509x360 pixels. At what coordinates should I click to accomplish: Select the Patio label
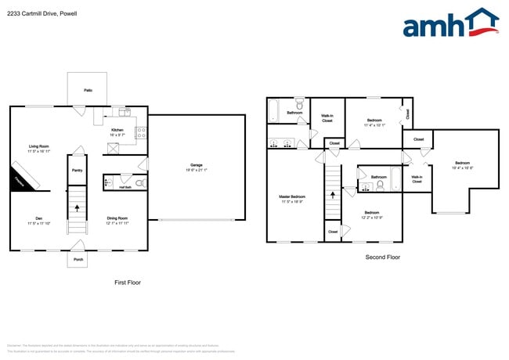(x=88, y=91)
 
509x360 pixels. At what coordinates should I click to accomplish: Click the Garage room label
(x=196, y=166)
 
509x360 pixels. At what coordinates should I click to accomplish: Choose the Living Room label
(x=39, y=148)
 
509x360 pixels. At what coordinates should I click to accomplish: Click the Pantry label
(x=77, y=170)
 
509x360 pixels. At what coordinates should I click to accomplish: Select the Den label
(x=38, y=220)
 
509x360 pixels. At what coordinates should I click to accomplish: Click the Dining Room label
(x=117, y=220)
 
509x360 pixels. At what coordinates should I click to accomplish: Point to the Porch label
(x=78, y=260)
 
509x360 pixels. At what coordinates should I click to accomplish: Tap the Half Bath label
(x=124, y=187)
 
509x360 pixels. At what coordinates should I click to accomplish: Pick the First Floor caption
(x=127, y=282)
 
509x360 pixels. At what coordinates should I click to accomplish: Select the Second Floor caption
(x=384, y=256)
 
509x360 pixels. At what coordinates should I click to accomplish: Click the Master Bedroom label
(x=292, y=198)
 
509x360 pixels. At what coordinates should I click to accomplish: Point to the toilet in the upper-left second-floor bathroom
(x=299, y=103)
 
